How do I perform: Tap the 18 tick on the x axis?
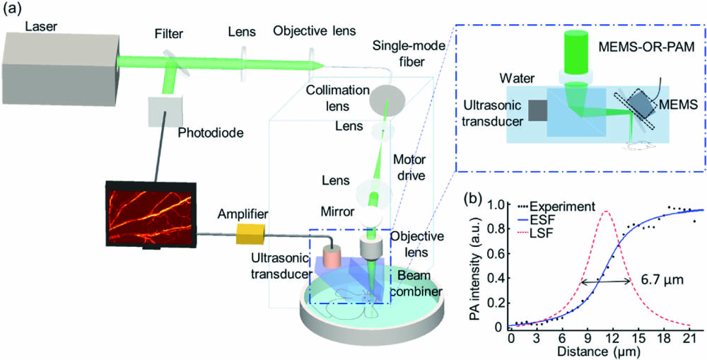[662, 337]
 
